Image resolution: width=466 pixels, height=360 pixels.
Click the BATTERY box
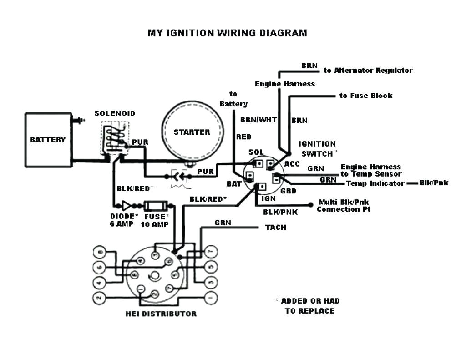[48, 140]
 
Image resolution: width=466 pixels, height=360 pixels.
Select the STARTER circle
[192, 132]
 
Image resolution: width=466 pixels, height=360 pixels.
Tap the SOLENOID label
[115, 113]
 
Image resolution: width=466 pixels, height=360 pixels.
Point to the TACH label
[276, 227]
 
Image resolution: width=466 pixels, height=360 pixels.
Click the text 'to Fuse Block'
[366, 96]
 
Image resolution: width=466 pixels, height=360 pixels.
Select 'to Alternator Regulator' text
[368, 71]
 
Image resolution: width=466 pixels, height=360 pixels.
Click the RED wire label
[243, 137]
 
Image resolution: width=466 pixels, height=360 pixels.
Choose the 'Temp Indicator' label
[375, 183]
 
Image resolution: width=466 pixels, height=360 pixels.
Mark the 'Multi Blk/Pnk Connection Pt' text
[344, 206]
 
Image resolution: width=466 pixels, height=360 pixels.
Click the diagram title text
[227, 33]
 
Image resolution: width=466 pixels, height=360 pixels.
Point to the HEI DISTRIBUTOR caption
[161, 314]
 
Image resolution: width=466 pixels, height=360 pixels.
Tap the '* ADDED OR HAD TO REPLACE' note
[308, 306]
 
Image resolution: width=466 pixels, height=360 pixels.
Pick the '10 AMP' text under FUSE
[155, 224]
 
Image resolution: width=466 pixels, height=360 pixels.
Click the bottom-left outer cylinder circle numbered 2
[99, 299]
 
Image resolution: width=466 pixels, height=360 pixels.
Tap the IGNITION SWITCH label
[317, 149]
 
